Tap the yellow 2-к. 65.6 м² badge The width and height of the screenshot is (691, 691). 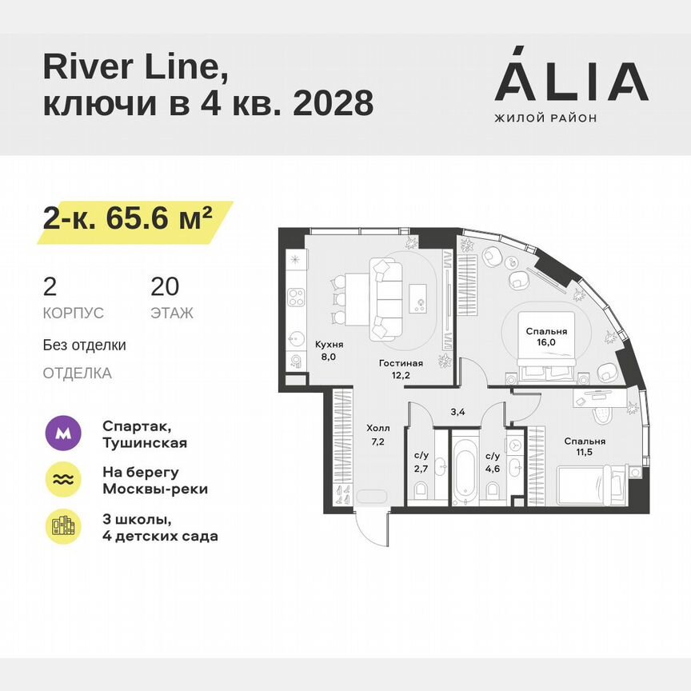pyautogui.click(x=132, y=217)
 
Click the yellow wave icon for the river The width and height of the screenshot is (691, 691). pyautogui.click(x=63, y=479)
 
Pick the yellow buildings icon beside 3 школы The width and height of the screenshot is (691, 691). pyautogui.click(x=63, y=525)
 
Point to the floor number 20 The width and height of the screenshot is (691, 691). pyautogui.click(x=165, y=286)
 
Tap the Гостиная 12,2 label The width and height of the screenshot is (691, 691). pyautogui.click(x=400, y=369)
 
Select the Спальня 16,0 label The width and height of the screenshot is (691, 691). pyautogui.click(x=546, y=337)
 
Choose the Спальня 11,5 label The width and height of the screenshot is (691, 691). pyautogui.click(x=584, y=447)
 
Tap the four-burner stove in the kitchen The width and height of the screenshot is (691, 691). pyautogui.click(x=296, y=298)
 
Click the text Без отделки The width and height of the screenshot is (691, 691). pyautogui.click(x=85, y=345)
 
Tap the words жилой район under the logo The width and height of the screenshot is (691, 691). pyautogui.click(x=546, y=118)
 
